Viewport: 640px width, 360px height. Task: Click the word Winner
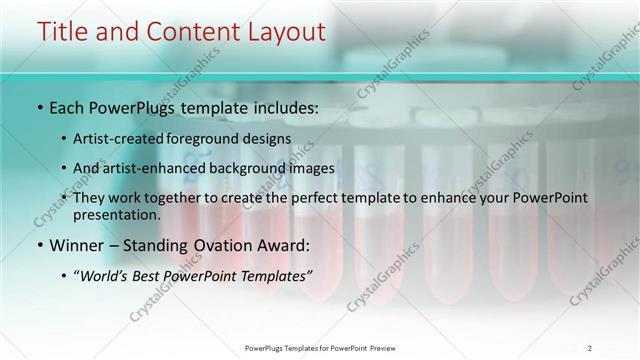click(x=75, y=244)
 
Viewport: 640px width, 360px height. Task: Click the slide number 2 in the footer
click(x=590, y=347)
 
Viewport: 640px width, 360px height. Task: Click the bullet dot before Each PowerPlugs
click(x=38, y=107)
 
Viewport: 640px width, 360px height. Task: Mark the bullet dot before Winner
click(x=38, y=245)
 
